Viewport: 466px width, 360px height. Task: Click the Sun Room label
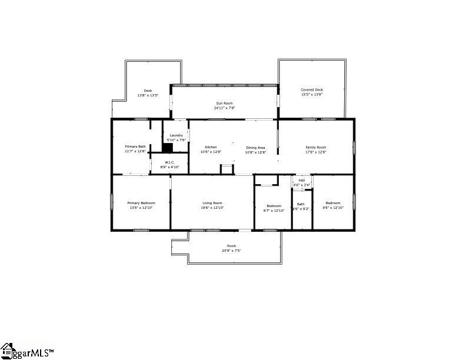224,103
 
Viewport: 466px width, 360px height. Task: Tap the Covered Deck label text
311,90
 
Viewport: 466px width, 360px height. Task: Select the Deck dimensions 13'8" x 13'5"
148,95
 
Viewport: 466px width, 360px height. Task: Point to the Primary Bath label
135,146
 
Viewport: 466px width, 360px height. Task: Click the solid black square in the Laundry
168,148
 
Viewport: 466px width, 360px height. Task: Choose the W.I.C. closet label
169,162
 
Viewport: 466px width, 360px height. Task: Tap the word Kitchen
211,147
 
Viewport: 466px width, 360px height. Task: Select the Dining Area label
255,147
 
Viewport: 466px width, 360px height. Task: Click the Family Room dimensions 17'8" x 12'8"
315,152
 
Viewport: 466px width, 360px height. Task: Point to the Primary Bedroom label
141,203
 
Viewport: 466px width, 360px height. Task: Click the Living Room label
212,203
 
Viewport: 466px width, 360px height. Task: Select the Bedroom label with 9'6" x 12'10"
333,203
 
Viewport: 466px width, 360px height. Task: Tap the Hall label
302,180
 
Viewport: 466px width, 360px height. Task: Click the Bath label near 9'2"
301,204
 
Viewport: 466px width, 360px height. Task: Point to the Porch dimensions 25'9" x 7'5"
231,251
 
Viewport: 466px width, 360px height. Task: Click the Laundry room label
176,135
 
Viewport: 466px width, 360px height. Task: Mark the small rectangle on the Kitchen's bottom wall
227,169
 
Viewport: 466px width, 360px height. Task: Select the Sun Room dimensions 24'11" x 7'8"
224,108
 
